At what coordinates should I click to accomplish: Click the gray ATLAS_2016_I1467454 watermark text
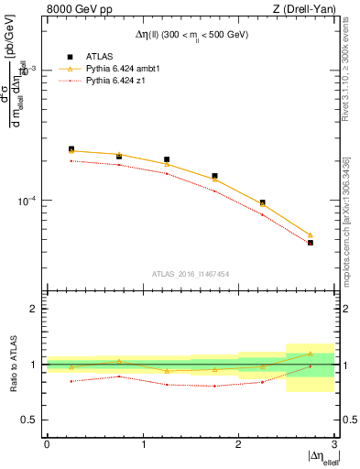(x=191, y=273)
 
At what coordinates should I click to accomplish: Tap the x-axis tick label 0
(x=47, y=444)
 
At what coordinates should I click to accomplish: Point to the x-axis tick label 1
(x=143, y=444)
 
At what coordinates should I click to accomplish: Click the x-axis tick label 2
(x=238, y=444)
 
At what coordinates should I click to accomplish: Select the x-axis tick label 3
(x=334, y=444)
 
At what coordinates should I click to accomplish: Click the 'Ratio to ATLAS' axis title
(x=12, y=364)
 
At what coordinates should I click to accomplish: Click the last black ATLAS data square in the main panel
(x=311, y=243)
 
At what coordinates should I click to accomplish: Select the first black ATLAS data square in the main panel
(x=71, y=149)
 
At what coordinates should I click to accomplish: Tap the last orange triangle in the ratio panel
(x=311, y=354)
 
